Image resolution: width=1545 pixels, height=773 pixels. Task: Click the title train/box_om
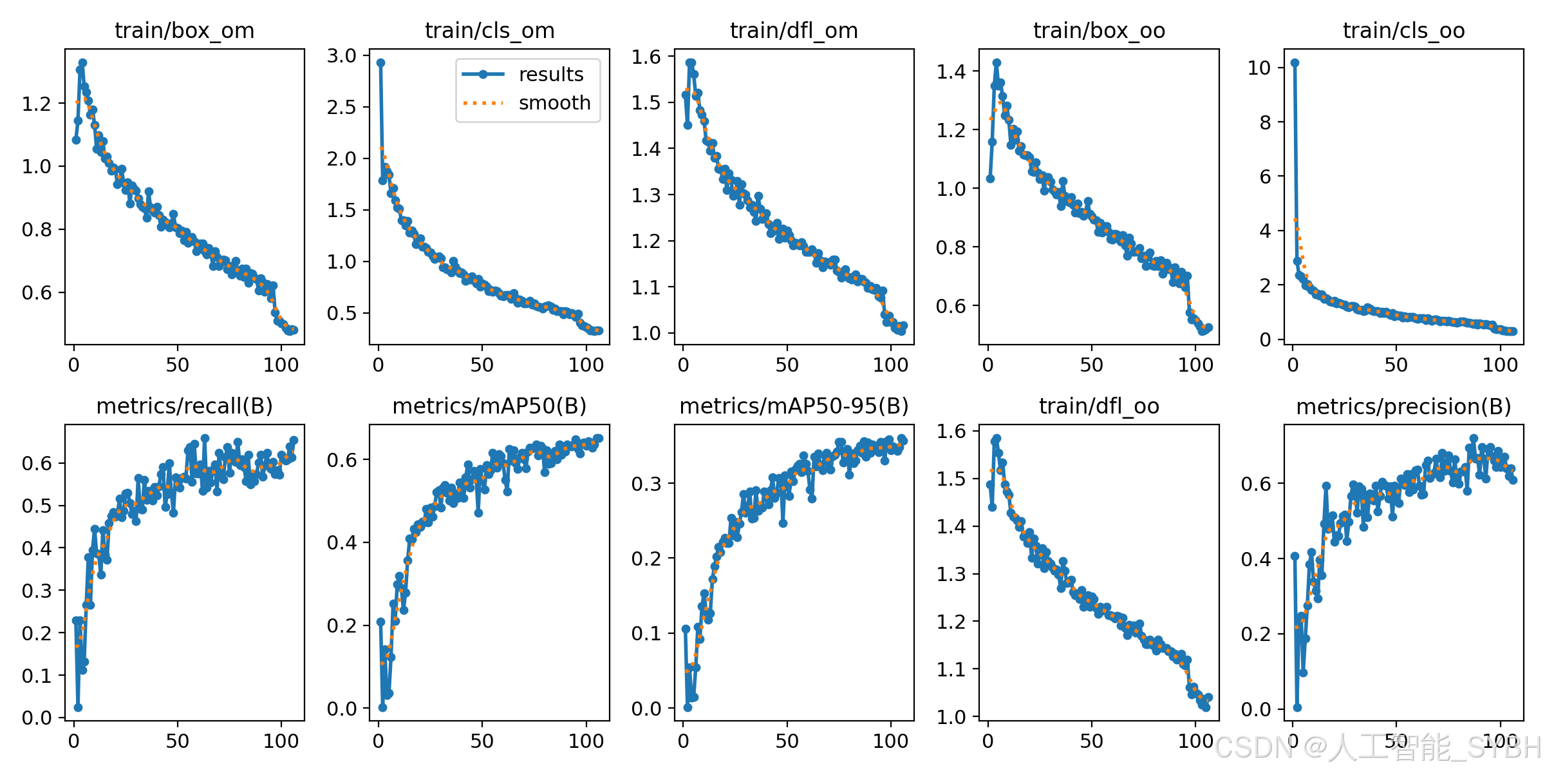coord(184,30)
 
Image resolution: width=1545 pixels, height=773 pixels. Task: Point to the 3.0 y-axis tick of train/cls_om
coord(341,55)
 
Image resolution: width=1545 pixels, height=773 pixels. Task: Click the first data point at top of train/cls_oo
coord(1295,62)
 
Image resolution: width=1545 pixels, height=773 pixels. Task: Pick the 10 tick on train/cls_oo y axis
coord(1259,68)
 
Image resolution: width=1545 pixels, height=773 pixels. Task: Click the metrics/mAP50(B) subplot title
coord(489,406)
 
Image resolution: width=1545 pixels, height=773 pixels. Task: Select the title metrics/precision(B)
coord(1403,406)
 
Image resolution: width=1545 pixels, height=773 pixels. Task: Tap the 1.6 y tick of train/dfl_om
coord(646,57)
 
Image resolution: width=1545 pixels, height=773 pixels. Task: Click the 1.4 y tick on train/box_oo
coord(951,72)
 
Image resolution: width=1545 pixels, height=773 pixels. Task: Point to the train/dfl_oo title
coord(1099,406)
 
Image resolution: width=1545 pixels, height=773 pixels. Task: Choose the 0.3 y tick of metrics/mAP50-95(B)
coord(646,484)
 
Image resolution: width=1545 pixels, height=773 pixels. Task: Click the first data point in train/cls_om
coord(380,62)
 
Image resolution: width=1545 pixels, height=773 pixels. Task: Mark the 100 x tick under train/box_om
coord(281,365)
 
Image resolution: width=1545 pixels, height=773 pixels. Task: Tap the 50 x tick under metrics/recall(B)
coord(178,741)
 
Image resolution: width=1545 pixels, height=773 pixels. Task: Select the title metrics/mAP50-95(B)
coord(794,406)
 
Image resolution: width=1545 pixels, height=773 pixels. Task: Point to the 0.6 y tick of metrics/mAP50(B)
coord(341,460)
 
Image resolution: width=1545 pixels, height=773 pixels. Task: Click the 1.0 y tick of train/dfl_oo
coord(951,717)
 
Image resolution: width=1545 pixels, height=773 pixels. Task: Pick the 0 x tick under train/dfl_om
coord(683,365)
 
